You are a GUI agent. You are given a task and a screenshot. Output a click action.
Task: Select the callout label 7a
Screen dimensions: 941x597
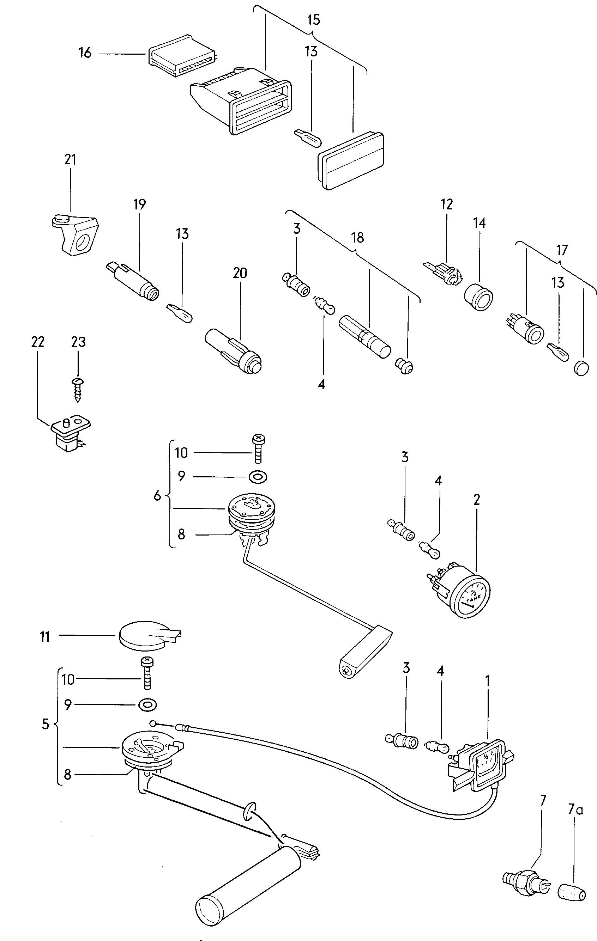pyautogui.click(x=575, y=811)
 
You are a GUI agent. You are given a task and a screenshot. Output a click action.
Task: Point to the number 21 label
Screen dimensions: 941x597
pyautogui.click(x=70, y=159)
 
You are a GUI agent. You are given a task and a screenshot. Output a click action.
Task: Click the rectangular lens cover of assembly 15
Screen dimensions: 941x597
pyautogui.click(x=350, y=160)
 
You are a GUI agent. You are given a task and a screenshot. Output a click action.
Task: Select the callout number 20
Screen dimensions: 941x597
pyautogui.click(x=240, y=273)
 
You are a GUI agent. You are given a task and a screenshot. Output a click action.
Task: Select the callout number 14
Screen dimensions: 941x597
pyautogui.click(x=479, y=223)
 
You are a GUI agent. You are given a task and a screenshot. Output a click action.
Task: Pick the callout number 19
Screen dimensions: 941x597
pyautogui.click(x=139, y=204)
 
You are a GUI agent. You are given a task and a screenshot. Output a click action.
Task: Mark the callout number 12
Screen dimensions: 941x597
pyautogui.click(x=446, y=204)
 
